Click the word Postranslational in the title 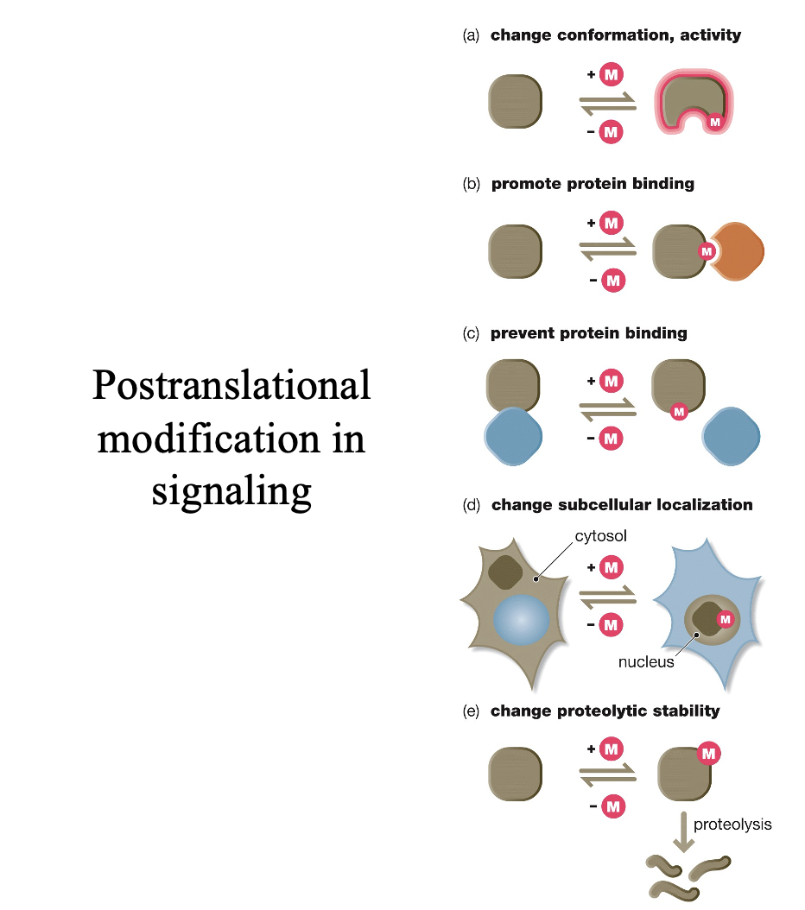coord(231,385)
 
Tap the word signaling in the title coord(231,490)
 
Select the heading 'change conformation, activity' coord(615,35)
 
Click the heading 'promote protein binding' coord(593,184)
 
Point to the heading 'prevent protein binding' coord(589,332)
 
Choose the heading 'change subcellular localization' coord(622,504)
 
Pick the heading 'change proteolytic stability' coord(605,711)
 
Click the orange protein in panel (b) coord(738,250)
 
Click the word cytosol coord(600,536)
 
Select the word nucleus coord(646,662)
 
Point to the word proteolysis coord(732,825)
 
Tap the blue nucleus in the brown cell coord(522,620)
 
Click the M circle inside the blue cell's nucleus coord(725,618)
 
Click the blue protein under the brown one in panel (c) coord(516,437)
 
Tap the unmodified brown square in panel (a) coord(516,102)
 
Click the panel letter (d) coord(472,505)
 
